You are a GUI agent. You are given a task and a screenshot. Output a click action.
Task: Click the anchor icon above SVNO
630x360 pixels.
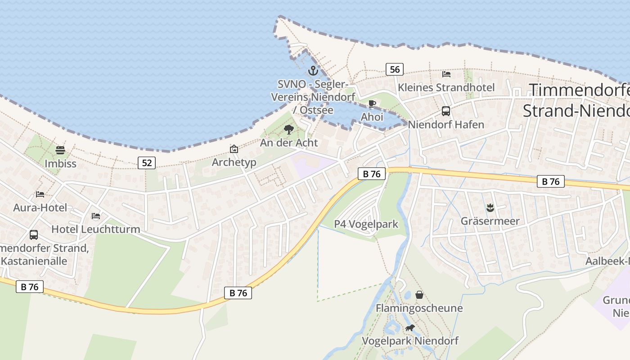[313, 71]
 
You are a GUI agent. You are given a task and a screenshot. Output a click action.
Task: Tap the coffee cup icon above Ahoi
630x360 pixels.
[372, 104]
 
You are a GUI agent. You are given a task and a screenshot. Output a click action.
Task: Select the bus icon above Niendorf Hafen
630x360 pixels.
[446, 111]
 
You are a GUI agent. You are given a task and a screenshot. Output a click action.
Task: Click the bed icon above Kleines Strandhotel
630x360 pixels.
[446, 74]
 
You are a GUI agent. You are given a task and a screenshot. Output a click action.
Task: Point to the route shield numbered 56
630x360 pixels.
[394, 69]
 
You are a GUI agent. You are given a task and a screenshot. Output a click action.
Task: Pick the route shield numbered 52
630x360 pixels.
[147, 163]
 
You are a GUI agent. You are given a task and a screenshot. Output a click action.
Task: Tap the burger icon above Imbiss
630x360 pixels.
[60, 150]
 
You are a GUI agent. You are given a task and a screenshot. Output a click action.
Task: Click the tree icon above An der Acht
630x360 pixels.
[289, 130]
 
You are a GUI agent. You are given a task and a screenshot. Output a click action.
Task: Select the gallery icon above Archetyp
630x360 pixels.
[234, 149]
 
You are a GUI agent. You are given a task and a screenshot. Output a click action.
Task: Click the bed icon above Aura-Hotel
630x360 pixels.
[40, 194]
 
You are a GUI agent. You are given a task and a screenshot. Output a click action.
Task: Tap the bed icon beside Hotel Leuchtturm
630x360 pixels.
[96, 216]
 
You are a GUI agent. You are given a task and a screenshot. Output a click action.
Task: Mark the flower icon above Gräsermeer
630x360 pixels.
[490, 208]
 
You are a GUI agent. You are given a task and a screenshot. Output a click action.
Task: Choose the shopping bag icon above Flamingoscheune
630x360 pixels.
[419, 295]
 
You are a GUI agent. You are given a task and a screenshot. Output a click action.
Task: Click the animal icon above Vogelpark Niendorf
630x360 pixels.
[410, 328]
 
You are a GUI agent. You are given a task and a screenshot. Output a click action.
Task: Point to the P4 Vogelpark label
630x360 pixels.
[366, 224]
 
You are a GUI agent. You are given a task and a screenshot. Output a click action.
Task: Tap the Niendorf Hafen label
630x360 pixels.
[446, 125]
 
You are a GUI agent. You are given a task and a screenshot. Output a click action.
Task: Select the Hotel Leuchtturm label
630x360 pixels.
[95, 229]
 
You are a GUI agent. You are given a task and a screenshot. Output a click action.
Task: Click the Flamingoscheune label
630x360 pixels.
[419, 308]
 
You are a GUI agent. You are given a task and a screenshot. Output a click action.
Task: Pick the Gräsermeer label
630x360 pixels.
[490, 221]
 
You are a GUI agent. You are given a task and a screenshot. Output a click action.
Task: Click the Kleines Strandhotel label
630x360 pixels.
[446, 87]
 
